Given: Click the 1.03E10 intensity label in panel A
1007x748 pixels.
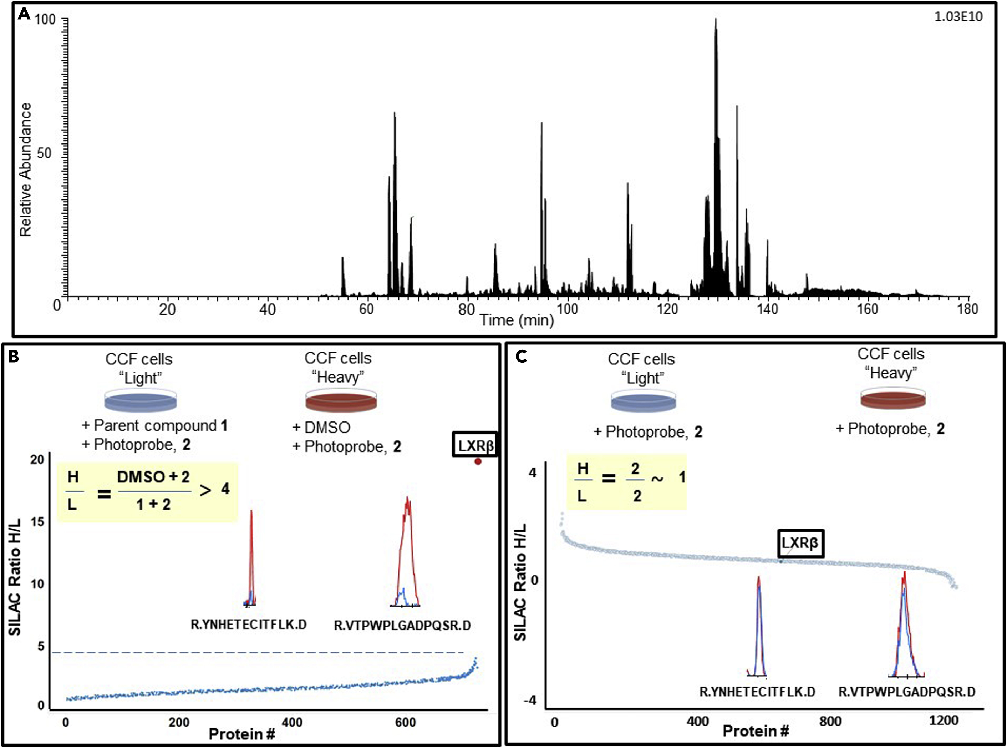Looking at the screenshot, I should pos(958,17).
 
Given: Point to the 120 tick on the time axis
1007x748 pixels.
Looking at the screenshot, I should pos(667,309).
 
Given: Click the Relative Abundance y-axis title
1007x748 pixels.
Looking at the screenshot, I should pos(26,170).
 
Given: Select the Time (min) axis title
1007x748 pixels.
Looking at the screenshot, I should pos(517,320).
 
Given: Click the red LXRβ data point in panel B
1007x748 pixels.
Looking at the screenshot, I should pos(478,461).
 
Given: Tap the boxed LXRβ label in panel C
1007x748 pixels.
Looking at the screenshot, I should pos(800,543).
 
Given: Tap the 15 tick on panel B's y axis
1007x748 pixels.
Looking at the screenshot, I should pos(37,522).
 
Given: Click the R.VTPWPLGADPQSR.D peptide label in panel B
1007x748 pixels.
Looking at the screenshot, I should pos(402,625).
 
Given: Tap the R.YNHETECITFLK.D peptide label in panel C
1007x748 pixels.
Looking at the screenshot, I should pos(757,692).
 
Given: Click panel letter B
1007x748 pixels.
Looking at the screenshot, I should pos(14,357).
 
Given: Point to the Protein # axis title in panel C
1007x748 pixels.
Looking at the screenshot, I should pos(756,731).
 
